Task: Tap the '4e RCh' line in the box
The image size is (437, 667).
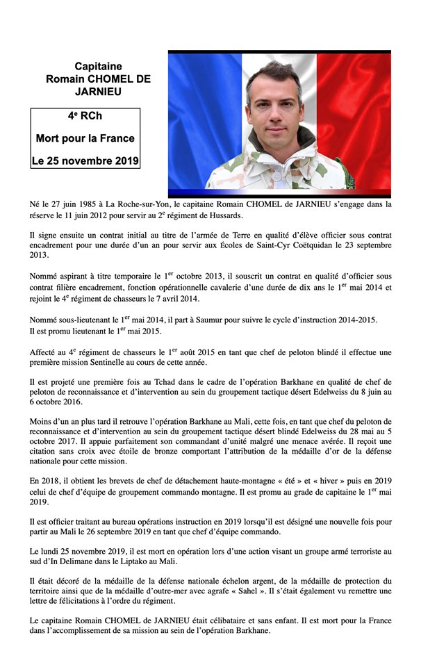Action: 85,116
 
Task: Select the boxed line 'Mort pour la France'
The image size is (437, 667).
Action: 85,138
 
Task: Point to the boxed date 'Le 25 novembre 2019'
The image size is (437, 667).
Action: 85,160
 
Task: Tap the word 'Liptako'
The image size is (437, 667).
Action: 145,561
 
